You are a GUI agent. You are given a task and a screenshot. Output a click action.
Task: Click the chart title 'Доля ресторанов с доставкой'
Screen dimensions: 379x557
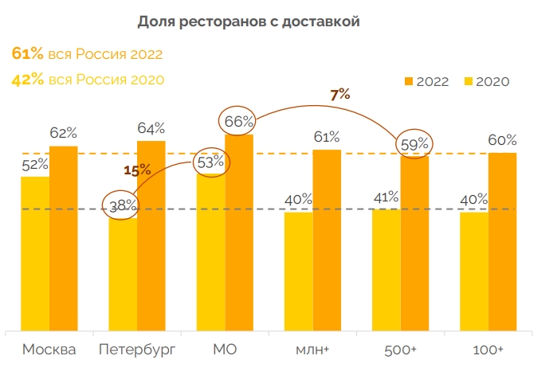tap(249, 21)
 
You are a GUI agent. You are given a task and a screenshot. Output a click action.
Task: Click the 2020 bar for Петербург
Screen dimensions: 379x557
tap(123, 275)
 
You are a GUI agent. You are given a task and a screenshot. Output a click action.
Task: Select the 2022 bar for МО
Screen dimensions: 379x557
tap(239, 232)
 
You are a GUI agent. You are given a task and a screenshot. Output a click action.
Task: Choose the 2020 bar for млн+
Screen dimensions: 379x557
tap(298, 271)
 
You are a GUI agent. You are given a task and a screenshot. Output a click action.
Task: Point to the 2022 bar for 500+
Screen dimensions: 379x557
tap(414, 243)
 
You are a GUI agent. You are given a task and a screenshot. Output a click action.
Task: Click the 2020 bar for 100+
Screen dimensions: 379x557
tap(473, 271)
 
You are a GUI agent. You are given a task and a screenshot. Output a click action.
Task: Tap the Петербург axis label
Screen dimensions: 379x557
tap(136, 350)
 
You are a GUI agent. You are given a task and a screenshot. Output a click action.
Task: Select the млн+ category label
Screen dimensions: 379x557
tap(313, 350)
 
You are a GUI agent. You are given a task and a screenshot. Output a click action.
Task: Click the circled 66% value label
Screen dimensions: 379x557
tap(238, 122)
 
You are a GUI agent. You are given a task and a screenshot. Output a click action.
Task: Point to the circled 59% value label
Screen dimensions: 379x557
tap(414, 144)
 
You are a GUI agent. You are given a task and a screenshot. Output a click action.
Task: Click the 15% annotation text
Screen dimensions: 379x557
tap(136, 170)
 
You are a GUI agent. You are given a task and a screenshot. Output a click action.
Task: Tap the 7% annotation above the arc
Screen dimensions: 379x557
tap(340, 95)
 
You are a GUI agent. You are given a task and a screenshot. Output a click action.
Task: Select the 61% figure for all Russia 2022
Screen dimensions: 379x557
tap(27, 54)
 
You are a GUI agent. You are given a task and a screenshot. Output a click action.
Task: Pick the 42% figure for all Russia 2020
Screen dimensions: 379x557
tap(27, 79)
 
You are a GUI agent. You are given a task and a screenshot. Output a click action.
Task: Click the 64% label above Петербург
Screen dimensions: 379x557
tap(151, 127)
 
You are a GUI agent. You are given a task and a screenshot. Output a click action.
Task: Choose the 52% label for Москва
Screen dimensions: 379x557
tap(35, 164)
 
